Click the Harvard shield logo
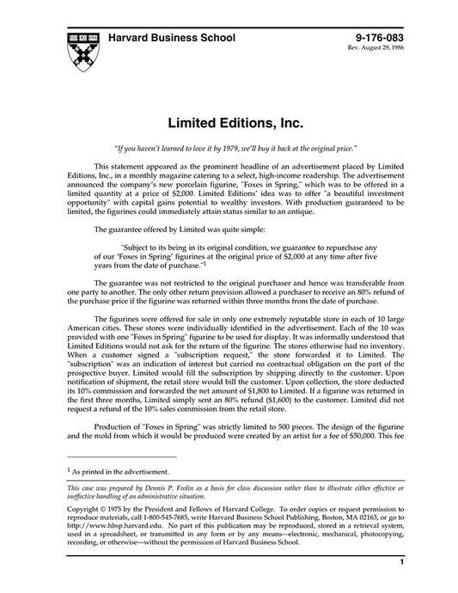tap(76, 49)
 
